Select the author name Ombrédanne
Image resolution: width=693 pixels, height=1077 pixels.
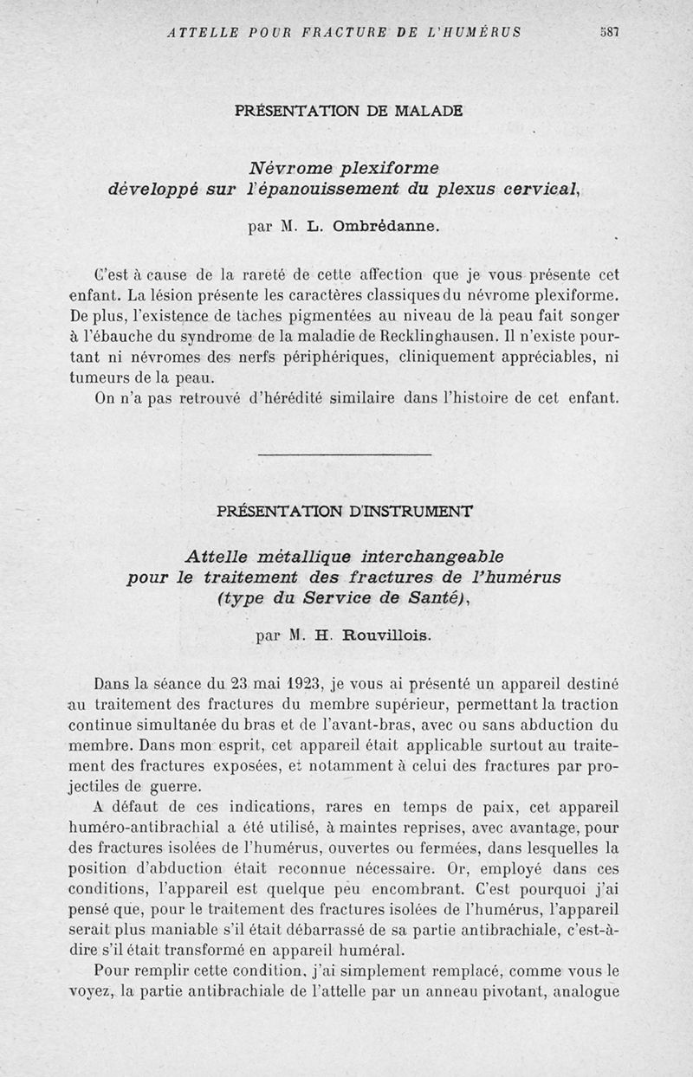pyautogui.click(x=391, y=228)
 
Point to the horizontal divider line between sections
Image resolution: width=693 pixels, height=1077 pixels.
pyautogui.click(x=345, y=454)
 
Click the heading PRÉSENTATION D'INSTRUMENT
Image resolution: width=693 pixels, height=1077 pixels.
pyautogui.click(x=344, y=511)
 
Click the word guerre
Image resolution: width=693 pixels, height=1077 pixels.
pyautogui.click(x=173, y=786)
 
